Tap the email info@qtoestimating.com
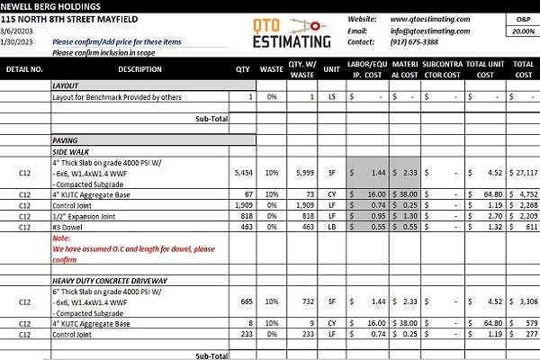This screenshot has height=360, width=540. (x=431, y=31)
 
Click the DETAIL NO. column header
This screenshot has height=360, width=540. (x=24, y=68)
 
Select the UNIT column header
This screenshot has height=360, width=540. (x=331, y=68)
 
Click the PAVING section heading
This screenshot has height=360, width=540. (x=65, y=139)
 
